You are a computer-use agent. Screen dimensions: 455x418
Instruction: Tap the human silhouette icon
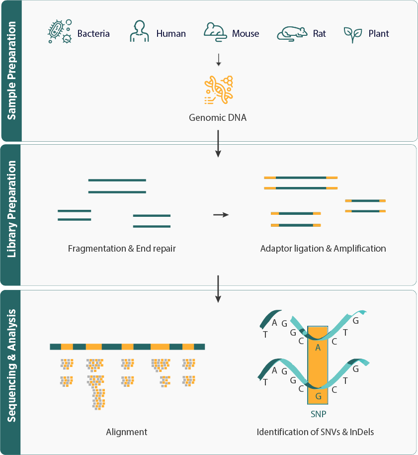click(139, 32)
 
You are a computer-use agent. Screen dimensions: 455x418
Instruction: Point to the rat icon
click(292, 33)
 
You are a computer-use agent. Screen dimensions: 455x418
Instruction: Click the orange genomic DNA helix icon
click(219, 90)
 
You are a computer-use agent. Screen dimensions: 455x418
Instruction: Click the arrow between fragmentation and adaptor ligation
click(221, 215)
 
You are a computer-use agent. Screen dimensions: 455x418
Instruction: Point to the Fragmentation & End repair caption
click(122, 248)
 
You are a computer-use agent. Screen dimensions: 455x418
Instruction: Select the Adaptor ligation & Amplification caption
click(323, 248)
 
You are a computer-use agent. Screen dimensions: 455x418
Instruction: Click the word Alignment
click(127, 432)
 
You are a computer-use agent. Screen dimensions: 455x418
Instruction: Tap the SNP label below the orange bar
click(318, 414)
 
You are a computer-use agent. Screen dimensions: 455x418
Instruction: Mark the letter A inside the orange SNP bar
click(318, 348)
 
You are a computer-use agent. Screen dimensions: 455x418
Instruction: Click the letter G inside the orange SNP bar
click(318, 396)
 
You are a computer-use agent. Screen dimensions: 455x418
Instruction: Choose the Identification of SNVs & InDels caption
click(315, 432)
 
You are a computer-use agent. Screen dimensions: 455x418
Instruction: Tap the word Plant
click(379, 34)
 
